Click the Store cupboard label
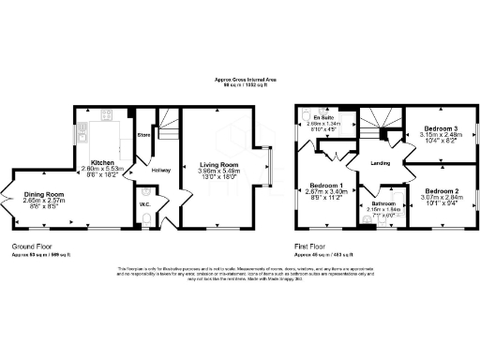coord(144,135)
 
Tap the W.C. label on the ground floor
coord(145,203)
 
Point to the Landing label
coord(381,163)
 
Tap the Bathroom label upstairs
coord(382,203)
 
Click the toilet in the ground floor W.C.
coord(149,220)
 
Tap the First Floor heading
coord(313,247)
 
